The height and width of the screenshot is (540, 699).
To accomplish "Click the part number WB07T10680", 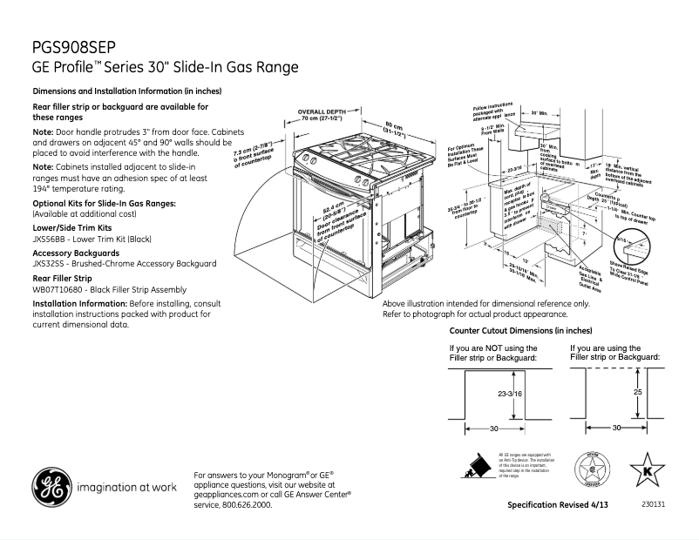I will click(60, 289).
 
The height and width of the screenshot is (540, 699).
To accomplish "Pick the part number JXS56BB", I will click(49, 238).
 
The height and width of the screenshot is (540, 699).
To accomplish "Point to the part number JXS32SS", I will click(49, 263).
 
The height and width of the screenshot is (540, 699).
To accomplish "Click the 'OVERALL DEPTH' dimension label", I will click(322, 112).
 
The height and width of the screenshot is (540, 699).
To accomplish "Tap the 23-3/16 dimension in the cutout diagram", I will click(510, 395).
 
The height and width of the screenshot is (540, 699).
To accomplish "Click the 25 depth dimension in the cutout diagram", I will click(637, 394).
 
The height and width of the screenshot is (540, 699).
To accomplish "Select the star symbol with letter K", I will click(647, 471).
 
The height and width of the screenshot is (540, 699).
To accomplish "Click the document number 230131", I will click(653, 504).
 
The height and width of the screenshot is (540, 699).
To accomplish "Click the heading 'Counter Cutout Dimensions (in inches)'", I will click(520, 331).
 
